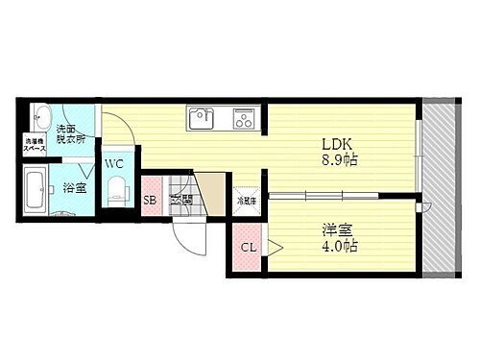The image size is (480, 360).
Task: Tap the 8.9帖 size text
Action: [339, 160]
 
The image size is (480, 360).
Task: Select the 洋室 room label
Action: [334, 230]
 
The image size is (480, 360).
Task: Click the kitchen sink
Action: [203, 118]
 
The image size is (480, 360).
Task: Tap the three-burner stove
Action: [241, 118]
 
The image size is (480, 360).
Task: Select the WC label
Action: [114, 162]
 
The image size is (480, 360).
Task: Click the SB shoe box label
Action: [151, 201]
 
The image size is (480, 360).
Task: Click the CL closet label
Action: [249, 248]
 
